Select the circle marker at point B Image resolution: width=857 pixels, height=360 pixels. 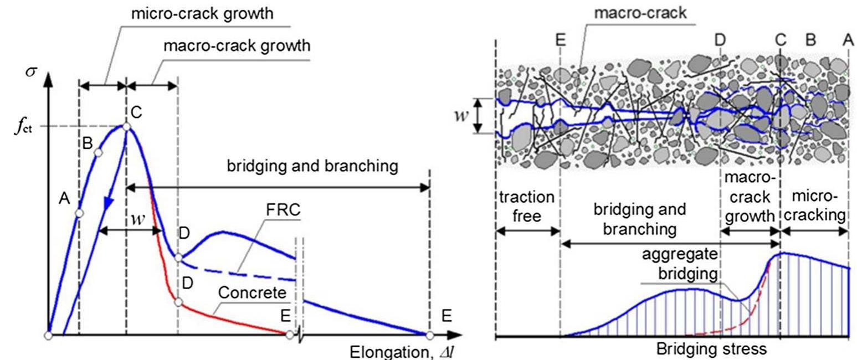click(x=98, y=152)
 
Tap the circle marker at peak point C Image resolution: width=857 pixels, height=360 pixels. click(x=126, y=127)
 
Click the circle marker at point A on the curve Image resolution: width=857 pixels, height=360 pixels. click(x=79, y=213)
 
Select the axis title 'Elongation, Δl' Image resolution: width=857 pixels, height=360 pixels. click(x=401, y=352)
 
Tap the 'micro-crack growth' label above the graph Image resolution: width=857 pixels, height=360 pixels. click(x=202, y=13)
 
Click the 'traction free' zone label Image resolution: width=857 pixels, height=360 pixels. click(x=526, y=205)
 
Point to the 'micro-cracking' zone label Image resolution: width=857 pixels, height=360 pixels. click(x=815, y=205)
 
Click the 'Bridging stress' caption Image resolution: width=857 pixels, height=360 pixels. click(x=711, y=349)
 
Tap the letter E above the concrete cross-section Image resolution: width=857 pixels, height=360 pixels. click(x=561, y=40)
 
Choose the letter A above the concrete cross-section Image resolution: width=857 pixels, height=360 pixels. click(x=848, y=40)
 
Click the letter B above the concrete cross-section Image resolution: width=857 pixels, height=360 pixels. click(x=810, y=40)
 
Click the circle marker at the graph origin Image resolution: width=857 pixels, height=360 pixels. click(x=49, y=335)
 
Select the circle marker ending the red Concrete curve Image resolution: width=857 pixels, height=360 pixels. click(x=289, y=335)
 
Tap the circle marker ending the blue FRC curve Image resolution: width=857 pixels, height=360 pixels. click(x=429, y=335)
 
